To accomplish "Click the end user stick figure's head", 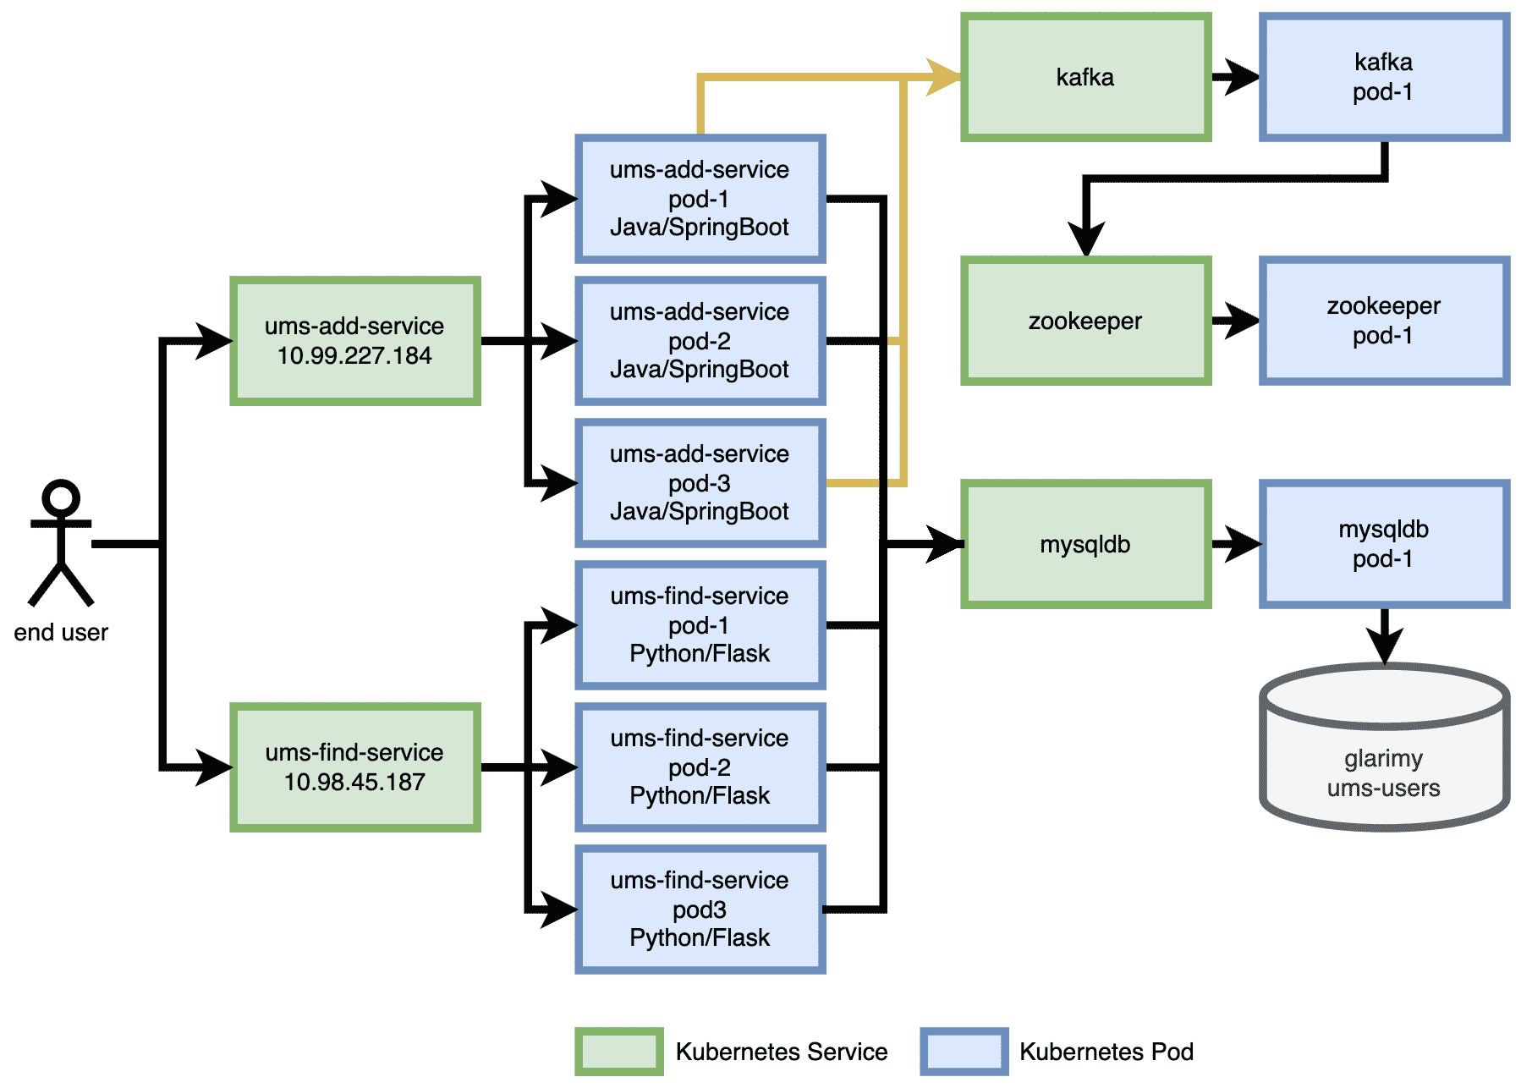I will pyautogui.click(x=61, y=497).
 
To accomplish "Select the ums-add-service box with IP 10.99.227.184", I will pyautogui.click(x=355, y=341).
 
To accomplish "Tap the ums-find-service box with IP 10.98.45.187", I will pyautogui.click(x=355, y=767).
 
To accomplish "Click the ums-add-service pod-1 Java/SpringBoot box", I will pyautogui.click(x=700, y=199).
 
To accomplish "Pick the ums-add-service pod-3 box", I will pyautogui.click(x=700, y=483).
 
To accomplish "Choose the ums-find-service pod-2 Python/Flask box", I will pyautogui.click(x=700, y=767).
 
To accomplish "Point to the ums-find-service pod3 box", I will pyautogui.click(x=700, y=909).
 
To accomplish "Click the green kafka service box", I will pyautogui.click(x=1086, y=77).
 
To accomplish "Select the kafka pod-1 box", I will pyautogui.click(x=1384, y=77).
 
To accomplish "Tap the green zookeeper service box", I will pyautogui.click(x=1086, y=321).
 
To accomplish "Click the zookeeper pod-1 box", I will pyautogui.click(x=1384, y=321).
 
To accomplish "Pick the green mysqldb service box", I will pyautogui.click(x=1086, y=544).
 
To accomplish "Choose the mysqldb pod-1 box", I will pyautogui.click(x=1384, y=544).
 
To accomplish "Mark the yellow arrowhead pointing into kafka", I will pyautogui.click(x=944, y=77).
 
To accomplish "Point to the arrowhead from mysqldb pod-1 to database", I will pyautogui.click(x=1385, y=646).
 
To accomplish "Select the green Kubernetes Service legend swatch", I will pyautogui.click(x=619, y=1052).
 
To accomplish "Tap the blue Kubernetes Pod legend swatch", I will pyautogui.click(x=964, y=1052).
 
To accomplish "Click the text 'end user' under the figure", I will pyautogui.click(x=61, y=633).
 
